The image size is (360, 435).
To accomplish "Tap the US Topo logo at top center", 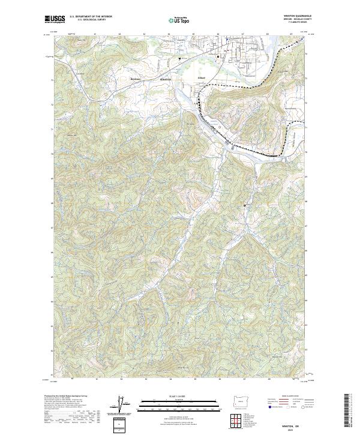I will (x=181, y=20).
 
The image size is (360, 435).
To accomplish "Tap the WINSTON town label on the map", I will (x=166, y=80).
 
